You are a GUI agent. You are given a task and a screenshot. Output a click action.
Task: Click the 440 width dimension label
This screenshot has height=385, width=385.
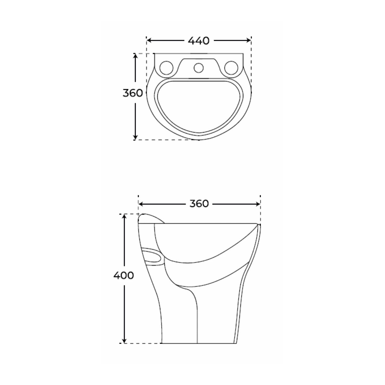[x=198, y=40]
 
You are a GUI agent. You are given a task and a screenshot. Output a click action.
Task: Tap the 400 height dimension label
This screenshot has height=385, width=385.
[x=123, y=275]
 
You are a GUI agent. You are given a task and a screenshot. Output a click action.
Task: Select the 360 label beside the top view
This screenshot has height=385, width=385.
[x=132, y=93]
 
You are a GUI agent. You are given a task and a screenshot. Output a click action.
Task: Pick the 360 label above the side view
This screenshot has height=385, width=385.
[x=199, y=204]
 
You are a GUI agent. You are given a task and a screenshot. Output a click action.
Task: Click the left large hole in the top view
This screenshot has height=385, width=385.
[x=167, y=68]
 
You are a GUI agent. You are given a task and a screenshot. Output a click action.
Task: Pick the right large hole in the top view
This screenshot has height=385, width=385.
[x=231, y=68]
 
